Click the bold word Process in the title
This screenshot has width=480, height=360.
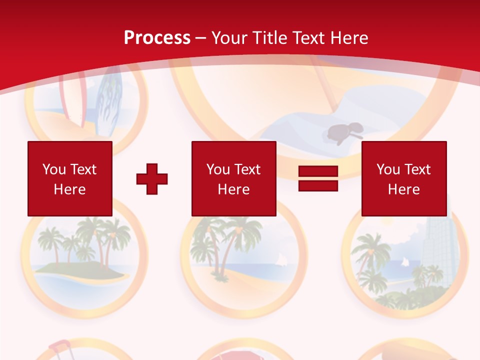(x=157, y=38)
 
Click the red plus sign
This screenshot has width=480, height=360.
(x=152, y=179)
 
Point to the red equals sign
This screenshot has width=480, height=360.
(x=318, y=178)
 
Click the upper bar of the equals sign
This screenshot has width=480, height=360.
(x=318, y=171)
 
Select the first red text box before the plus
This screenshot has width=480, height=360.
(x=69, y=178)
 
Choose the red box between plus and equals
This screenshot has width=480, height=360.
(x=233, y=178)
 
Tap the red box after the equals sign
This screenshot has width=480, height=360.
(x=403, y=178)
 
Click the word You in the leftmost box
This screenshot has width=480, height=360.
(x=53, y=169)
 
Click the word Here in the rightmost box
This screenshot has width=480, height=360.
(x=403, y=189)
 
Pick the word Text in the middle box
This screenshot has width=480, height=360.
(x=247, y=169)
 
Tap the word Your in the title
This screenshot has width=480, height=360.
(x=229, y=38)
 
